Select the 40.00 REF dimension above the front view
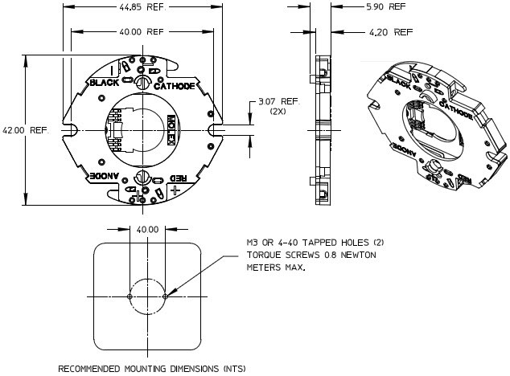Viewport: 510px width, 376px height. point(142,32)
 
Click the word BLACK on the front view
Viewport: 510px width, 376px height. point(104,83)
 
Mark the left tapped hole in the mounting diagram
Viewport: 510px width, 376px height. point(130,296)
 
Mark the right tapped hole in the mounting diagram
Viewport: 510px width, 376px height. point(165,296)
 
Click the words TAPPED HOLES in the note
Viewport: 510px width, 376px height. point(321,242)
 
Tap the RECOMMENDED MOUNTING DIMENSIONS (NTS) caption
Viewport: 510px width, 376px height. point(152,369)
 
